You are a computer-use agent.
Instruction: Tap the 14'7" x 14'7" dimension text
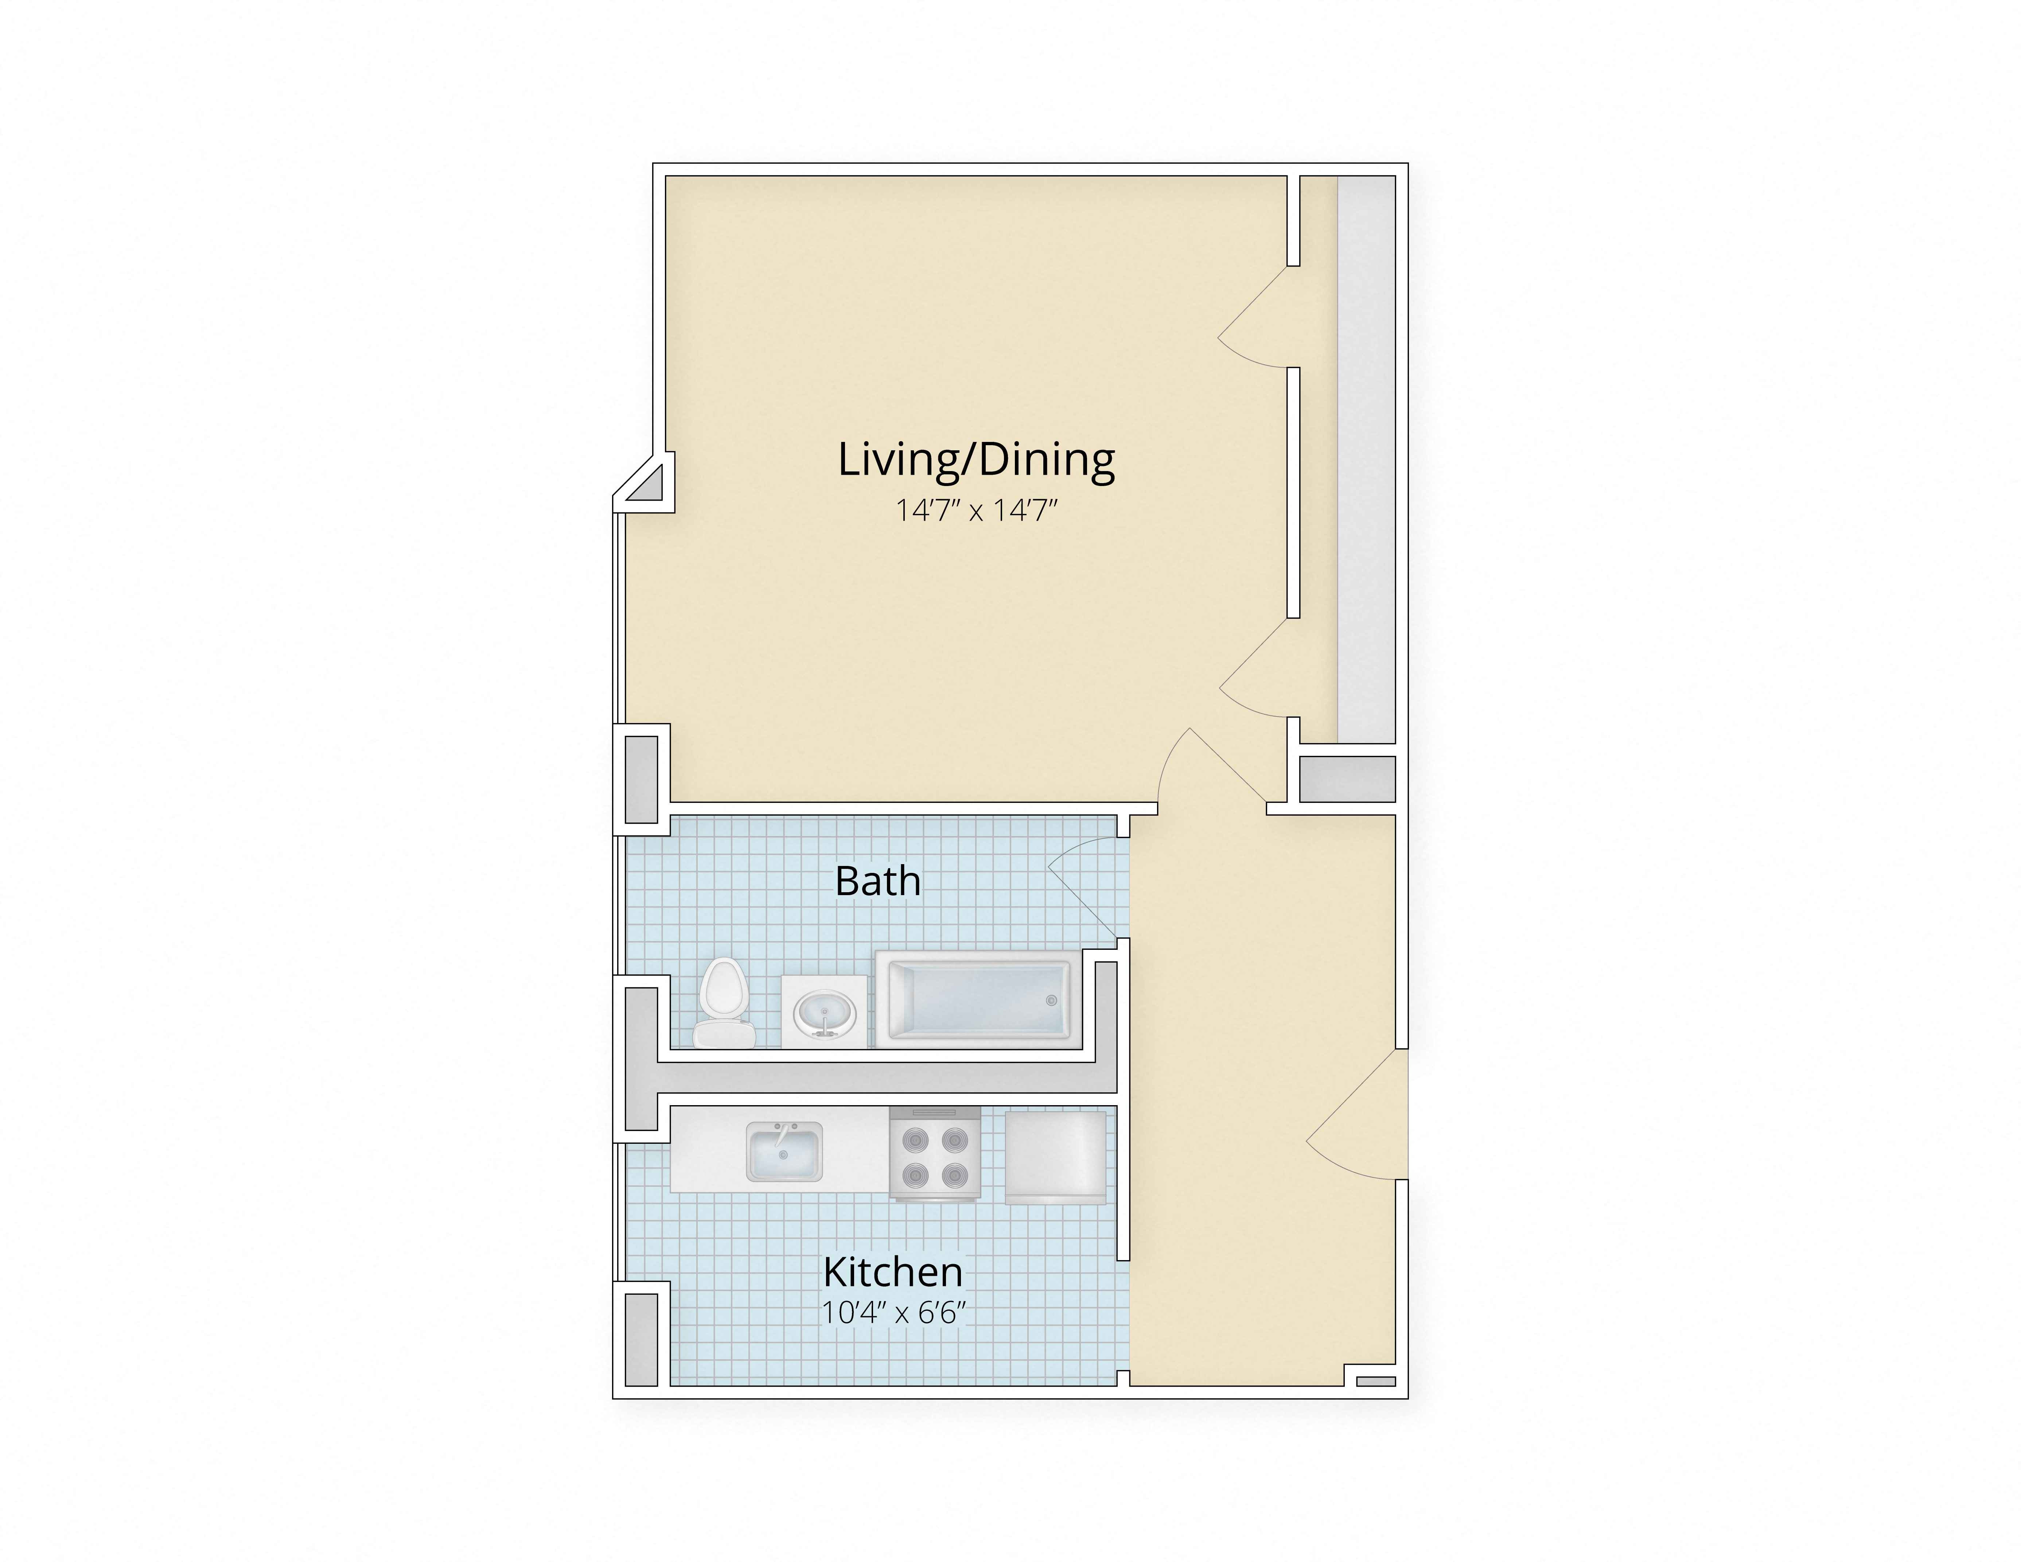pos(976,510)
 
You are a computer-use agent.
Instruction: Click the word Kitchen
pos(893,1272)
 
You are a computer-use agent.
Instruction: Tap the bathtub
pos(978,999)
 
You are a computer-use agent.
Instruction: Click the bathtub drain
pos(1050,1000)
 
